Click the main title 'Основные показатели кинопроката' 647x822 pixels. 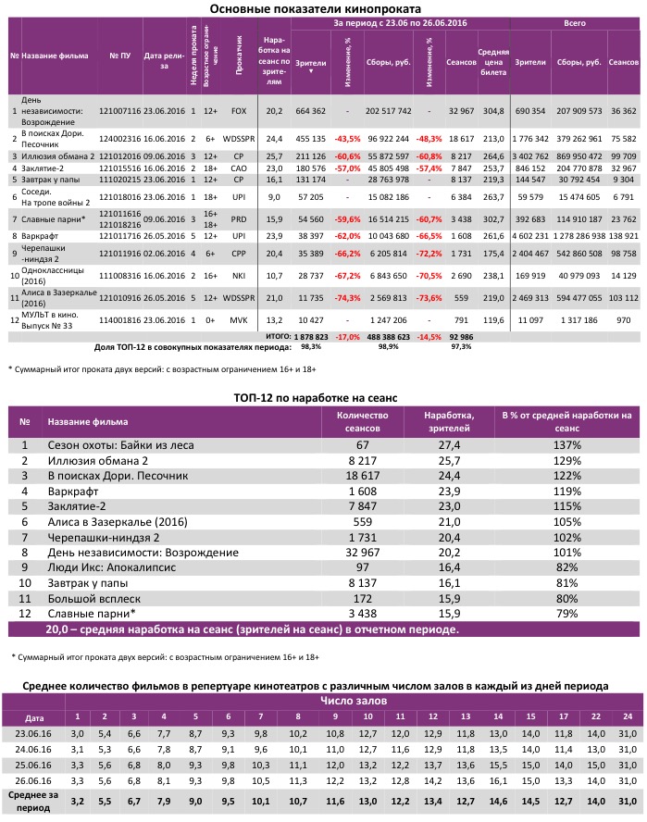click(x=323, y=8)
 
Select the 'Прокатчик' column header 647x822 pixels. click(x=238, y=56)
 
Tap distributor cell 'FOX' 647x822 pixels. click(x=238, y=110)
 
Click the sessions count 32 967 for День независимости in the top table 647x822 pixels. click(x=460, y=110)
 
